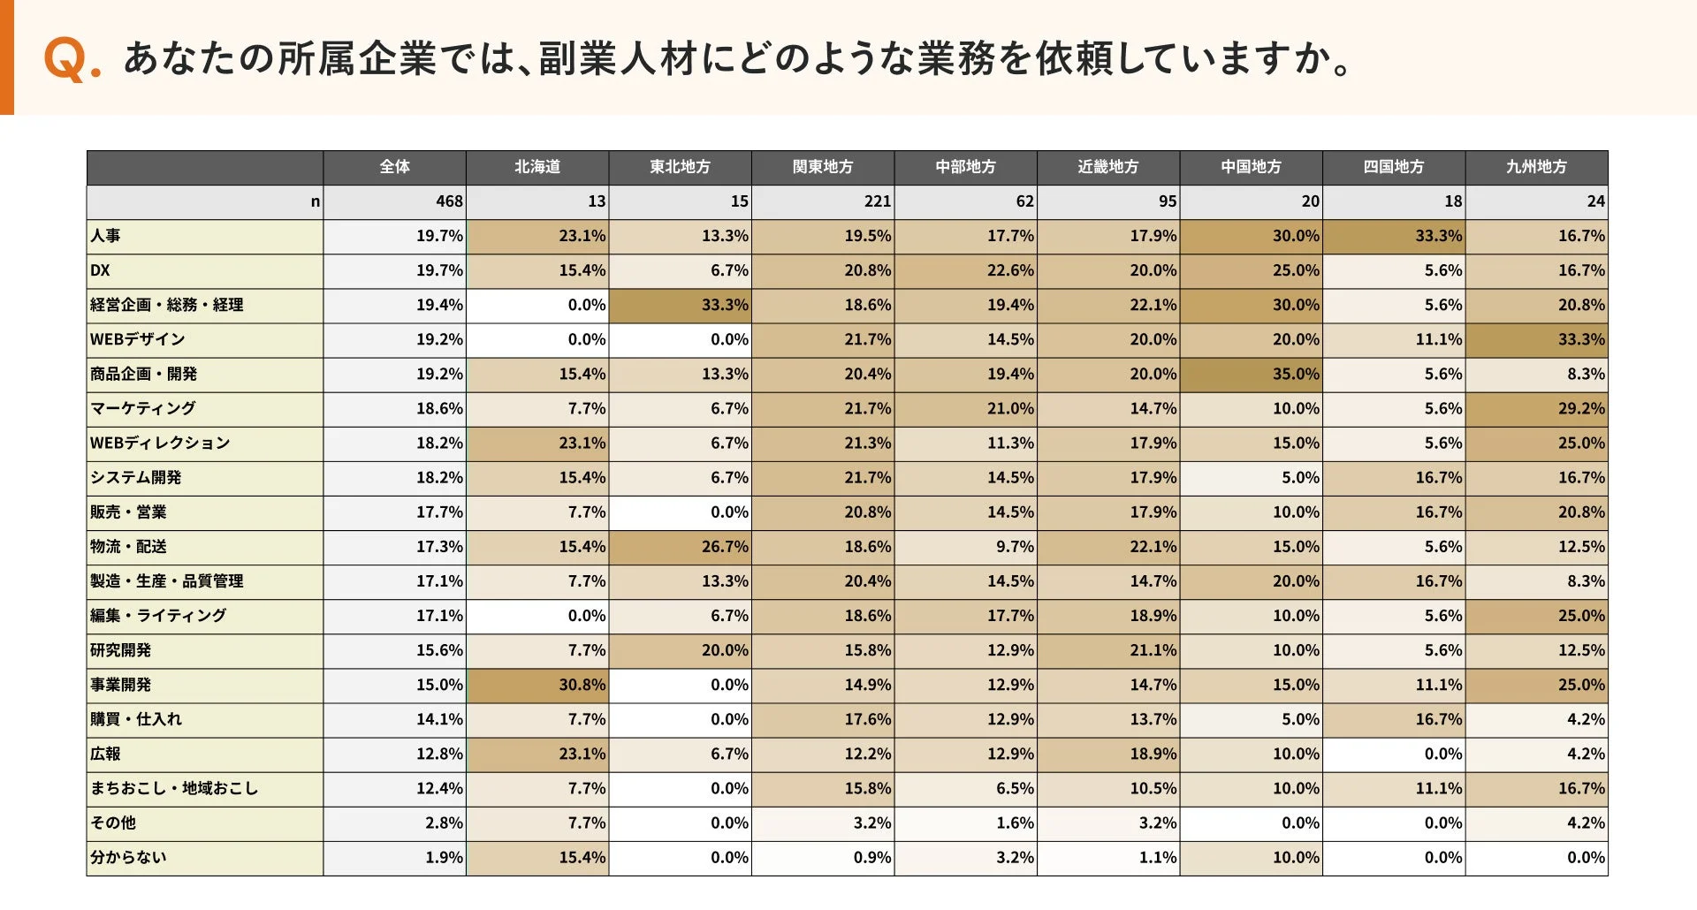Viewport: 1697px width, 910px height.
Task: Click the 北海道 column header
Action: click(x=537, y=167)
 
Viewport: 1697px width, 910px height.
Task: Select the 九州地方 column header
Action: click(x=1536, y=167)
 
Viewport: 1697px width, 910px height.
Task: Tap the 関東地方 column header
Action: click(x=823, y=167)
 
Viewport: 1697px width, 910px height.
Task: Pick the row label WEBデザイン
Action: click(x=138, y=339)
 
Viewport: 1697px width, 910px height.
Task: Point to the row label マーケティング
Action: click(x=143, y=408)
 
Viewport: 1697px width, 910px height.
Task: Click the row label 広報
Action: click(x=105, y=754)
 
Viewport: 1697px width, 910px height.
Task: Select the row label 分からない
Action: click(x=128, y=857)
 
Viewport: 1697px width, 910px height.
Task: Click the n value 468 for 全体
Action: click(x=449, y=201)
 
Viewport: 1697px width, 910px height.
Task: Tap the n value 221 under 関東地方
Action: click(x=878, y=201)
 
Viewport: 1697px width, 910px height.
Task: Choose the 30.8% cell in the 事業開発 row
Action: click(x=582, y=685)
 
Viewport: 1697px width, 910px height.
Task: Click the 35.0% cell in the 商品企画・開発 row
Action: click(x=1296, y=374)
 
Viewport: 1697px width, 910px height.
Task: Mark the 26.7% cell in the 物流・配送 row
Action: click(x=725, y=547)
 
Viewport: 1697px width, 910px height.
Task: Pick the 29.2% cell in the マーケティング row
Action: click(x=1581, y=408)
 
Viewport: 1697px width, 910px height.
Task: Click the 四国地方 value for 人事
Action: click(x=1438, y=236)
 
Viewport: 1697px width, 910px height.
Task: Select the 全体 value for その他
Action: click(x=444, y=823)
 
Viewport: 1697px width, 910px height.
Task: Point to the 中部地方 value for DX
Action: click(x=1010, y=270)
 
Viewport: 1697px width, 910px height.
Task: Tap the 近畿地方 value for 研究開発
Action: click(x=1153, y=650)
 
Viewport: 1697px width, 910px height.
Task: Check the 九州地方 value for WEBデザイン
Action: click(x=1581, y=339)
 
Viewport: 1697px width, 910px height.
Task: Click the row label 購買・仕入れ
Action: click(x=136, y=719)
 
